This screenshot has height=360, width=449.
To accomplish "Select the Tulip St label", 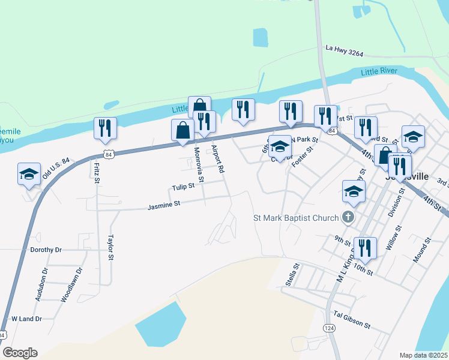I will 183,187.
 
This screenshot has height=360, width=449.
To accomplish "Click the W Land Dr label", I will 26,319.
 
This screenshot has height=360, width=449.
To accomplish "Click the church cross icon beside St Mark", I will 348,217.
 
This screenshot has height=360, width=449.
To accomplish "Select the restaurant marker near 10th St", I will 365,247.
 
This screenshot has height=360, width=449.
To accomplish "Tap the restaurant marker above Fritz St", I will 104,128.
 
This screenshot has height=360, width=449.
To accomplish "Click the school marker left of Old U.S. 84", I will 29,174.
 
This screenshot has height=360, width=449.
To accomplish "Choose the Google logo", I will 20,353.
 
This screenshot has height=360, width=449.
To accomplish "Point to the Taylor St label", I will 110,248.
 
